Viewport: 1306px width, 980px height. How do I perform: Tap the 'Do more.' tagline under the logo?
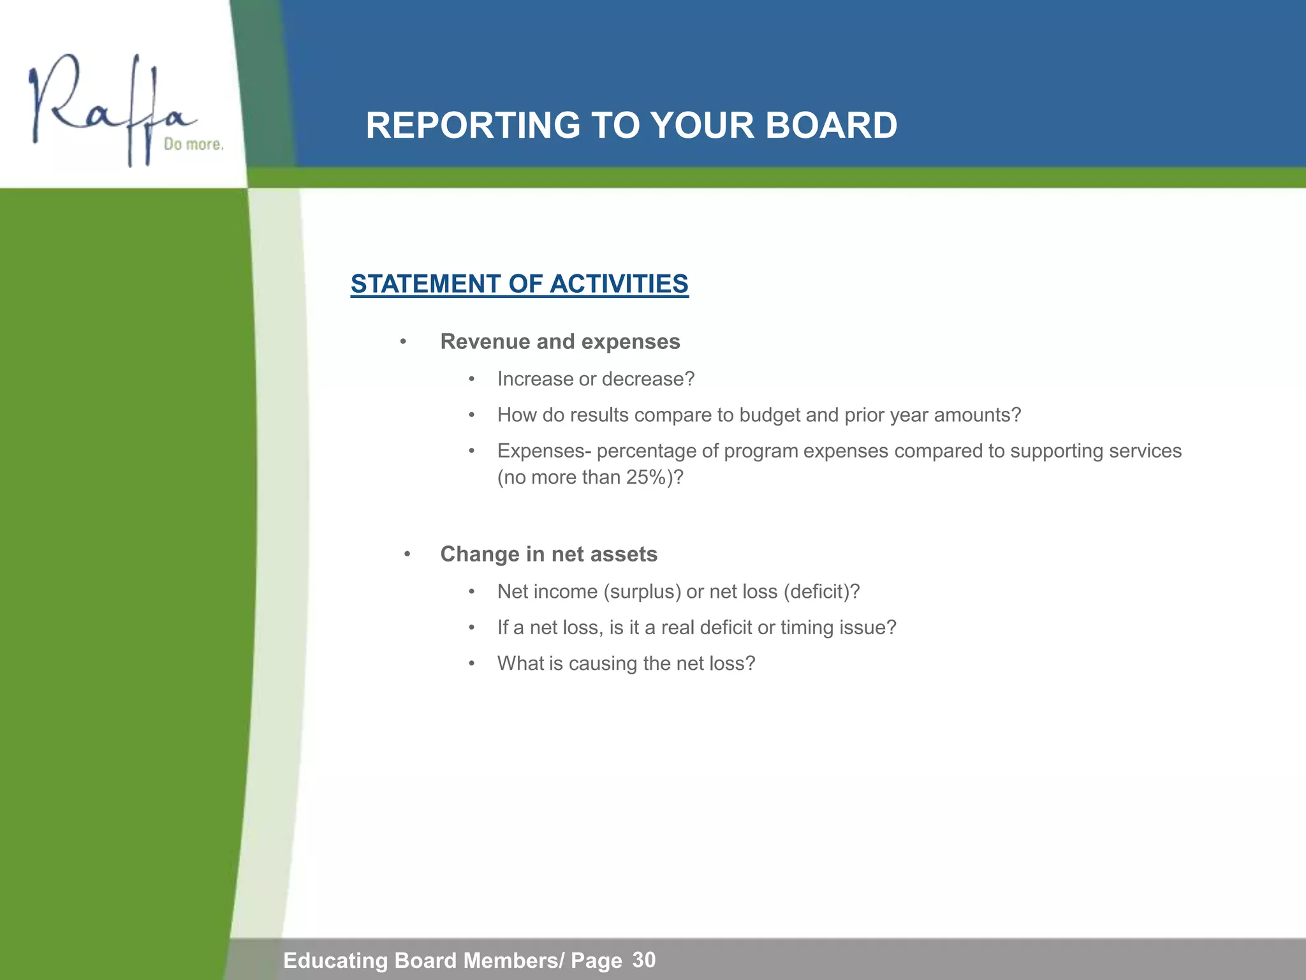tap(193, 144)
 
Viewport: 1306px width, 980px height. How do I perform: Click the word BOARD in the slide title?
tap(831, 125)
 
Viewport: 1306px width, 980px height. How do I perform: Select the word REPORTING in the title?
tap(473, 125)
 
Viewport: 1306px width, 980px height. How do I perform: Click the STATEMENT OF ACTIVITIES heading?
tap(519, 284)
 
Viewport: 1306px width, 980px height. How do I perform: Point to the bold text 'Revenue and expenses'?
tap(560, 342)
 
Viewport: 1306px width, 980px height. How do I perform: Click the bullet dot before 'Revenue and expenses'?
tap(403, 343)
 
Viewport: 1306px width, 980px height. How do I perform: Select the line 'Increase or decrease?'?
tap(596, 379)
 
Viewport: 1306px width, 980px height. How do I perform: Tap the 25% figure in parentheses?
tap(646, 477)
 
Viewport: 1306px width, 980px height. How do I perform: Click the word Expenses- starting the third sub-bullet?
tap(544, 451)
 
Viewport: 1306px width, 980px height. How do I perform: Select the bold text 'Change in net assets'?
tap(548, 554)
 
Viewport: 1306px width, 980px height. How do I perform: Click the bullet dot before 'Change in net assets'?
tap(407, 554)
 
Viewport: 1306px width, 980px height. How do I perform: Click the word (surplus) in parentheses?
tap(642, 591)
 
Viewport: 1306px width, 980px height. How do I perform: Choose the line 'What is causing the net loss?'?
tap(626, 664)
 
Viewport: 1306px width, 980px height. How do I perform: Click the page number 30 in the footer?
tap(644, 960)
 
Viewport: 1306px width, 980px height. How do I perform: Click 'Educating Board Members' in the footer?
tap(420, 960)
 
